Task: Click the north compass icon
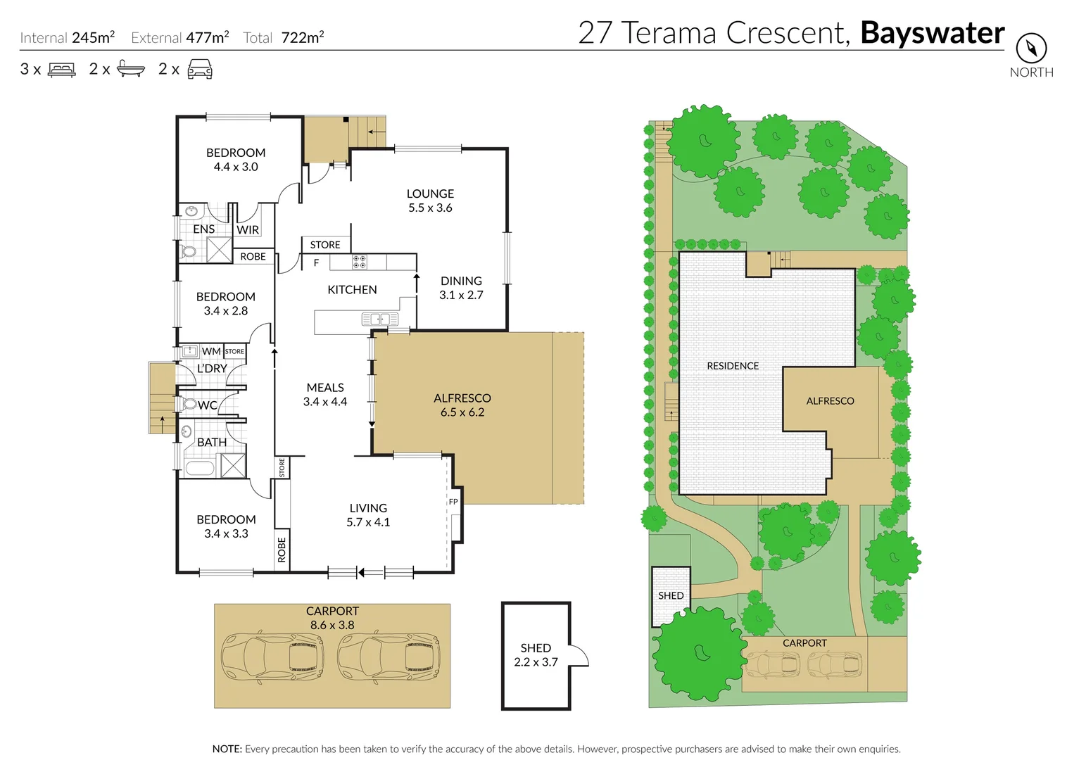[1031, 49]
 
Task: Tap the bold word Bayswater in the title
[933, 33]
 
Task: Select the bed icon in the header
[61, 70]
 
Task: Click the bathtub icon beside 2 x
[131, 69]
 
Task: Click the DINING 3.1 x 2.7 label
[461, 288]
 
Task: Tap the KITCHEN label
[352, 290]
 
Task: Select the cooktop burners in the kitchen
[359, 262]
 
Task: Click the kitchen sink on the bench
[375, 319]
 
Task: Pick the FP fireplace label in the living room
[453, 502]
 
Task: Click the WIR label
[248, 230]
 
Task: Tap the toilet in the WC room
[189, 405]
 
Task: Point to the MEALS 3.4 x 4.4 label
[325, 395]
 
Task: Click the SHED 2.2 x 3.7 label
[536, 654]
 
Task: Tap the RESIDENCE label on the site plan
[733, 366]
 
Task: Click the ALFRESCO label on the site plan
[830, 401]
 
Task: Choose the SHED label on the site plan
[671, 595]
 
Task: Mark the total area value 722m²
[303, 38]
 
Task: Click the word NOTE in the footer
[227, 749]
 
